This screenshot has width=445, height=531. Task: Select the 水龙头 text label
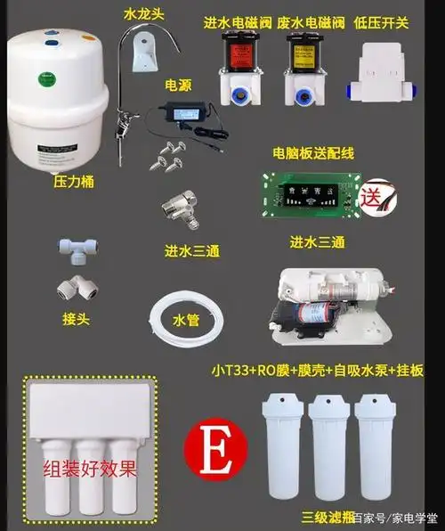click(142, 14)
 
